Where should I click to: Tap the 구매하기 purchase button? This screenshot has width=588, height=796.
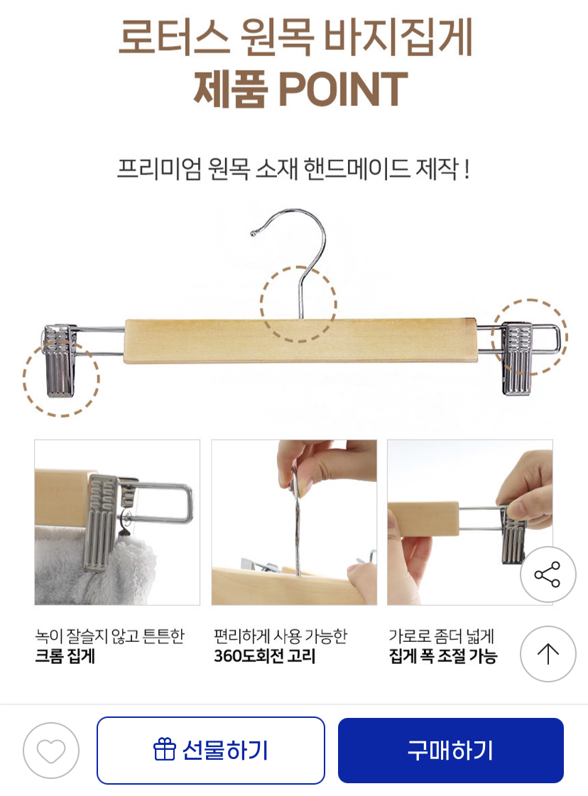click(451, 750)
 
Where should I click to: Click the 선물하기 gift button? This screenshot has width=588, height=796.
click(211, 750)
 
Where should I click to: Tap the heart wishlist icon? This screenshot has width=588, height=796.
click(51, 751)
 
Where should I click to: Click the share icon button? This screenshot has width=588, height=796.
click(548, 574)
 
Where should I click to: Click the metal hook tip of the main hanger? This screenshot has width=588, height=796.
click(253, 233)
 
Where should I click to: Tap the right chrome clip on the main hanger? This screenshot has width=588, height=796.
click(517, 359)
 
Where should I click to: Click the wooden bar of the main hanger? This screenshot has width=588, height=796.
click(300, 341)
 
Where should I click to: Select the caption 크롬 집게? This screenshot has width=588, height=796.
click(65, 656)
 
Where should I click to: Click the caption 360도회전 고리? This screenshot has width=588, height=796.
click(265, 656)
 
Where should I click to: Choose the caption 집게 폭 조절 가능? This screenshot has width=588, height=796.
click(443, 656)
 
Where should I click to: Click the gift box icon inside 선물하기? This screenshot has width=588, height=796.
click(164, 750)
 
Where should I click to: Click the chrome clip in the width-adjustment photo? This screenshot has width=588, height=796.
click(513, 539)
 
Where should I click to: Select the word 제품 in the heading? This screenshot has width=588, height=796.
click(230, 89)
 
